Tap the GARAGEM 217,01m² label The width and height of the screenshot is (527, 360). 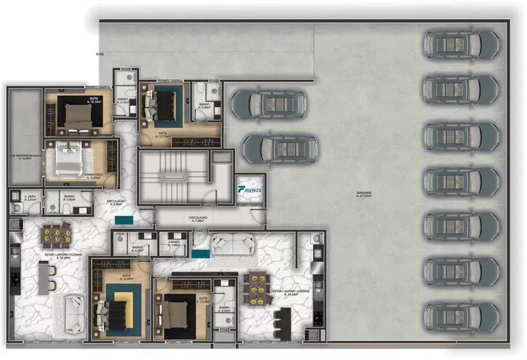coord(364,194)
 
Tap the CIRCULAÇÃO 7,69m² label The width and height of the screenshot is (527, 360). coord(198,219)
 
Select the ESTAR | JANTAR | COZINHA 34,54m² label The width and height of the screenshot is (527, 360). coord(291,292)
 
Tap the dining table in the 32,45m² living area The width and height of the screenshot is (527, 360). coord(55,234)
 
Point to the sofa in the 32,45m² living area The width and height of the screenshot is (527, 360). coord(74,314)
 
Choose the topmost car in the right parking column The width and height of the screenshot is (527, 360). coord(462,44)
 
